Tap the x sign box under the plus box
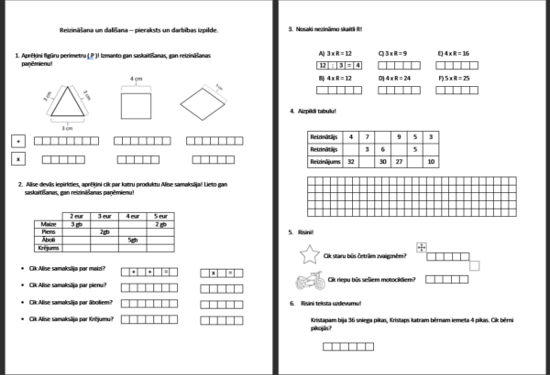point(17,158)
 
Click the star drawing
point(309,255)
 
